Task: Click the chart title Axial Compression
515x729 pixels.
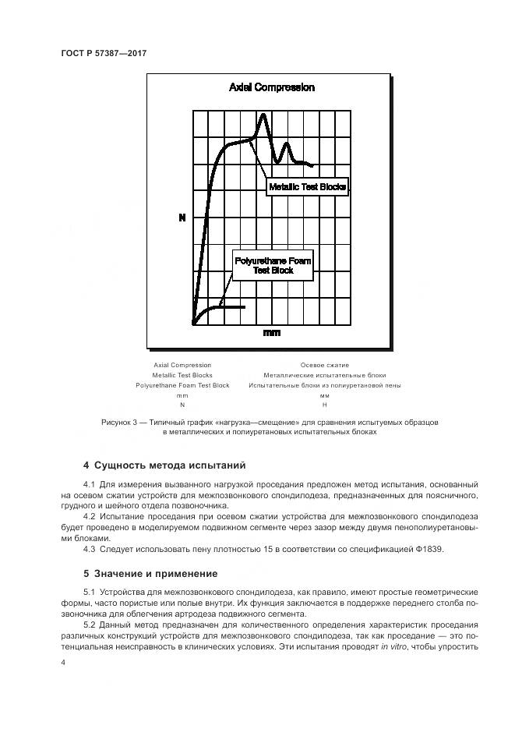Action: click(271, 87)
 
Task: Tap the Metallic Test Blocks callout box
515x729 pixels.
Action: click(306, 187)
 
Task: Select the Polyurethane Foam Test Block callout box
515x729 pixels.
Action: click(272, 265)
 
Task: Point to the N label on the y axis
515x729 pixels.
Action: click(182, 218)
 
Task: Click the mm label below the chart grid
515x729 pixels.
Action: click(271, 333)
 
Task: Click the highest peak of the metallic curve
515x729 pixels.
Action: click(263, 115)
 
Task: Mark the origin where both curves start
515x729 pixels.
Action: click(193, 322)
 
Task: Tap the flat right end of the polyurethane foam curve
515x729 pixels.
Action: click(243, 307)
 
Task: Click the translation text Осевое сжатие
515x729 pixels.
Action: click(324, 365)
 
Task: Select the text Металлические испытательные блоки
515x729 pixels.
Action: click(324, 375)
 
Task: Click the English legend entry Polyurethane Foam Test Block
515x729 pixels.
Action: click(182, 385)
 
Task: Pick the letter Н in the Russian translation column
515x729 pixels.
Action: click(324, 405)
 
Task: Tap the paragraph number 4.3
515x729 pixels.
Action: click(89, 548)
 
